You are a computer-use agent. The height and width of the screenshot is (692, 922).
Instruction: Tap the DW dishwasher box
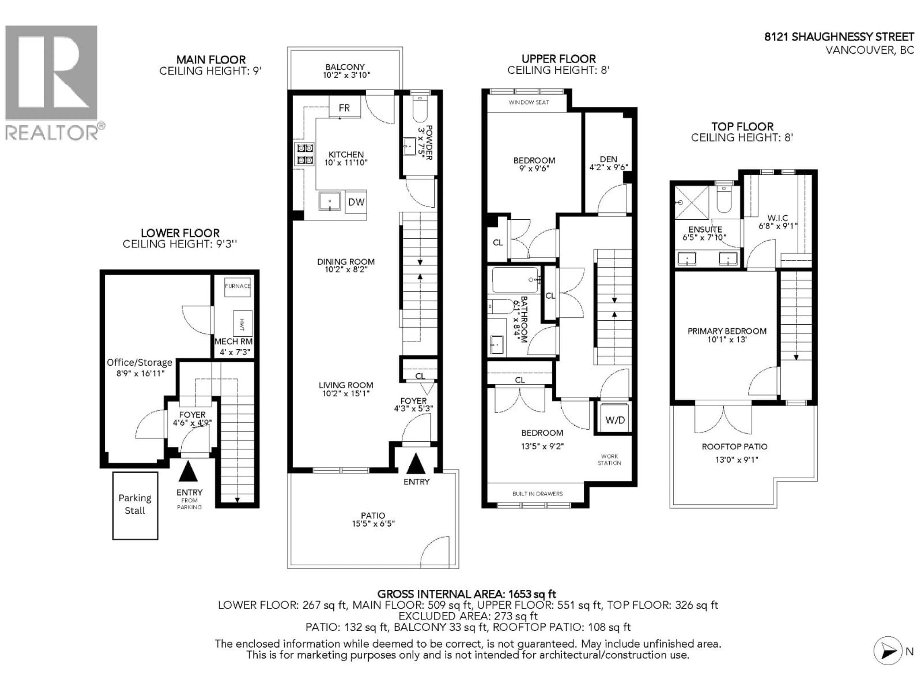pos(356,202)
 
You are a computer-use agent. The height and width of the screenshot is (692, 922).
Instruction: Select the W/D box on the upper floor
pos(615,420)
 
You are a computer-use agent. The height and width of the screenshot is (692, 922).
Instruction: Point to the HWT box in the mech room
pos(243,323)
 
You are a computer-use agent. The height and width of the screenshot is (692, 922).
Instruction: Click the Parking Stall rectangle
pos(135,505)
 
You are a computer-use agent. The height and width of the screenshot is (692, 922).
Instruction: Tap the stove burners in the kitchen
pos(304,154)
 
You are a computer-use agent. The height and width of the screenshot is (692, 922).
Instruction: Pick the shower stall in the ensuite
pos(691,203)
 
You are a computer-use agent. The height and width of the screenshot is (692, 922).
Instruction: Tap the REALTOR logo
pos(52,83)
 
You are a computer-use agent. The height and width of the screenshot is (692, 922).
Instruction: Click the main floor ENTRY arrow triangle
pos(416,464)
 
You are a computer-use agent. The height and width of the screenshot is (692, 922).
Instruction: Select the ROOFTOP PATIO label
pos(734,447)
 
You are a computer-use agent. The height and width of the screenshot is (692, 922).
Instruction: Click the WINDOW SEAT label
pos(528,102)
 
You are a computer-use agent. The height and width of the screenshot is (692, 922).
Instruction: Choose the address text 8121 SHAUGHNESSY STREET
pos(839,37)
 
